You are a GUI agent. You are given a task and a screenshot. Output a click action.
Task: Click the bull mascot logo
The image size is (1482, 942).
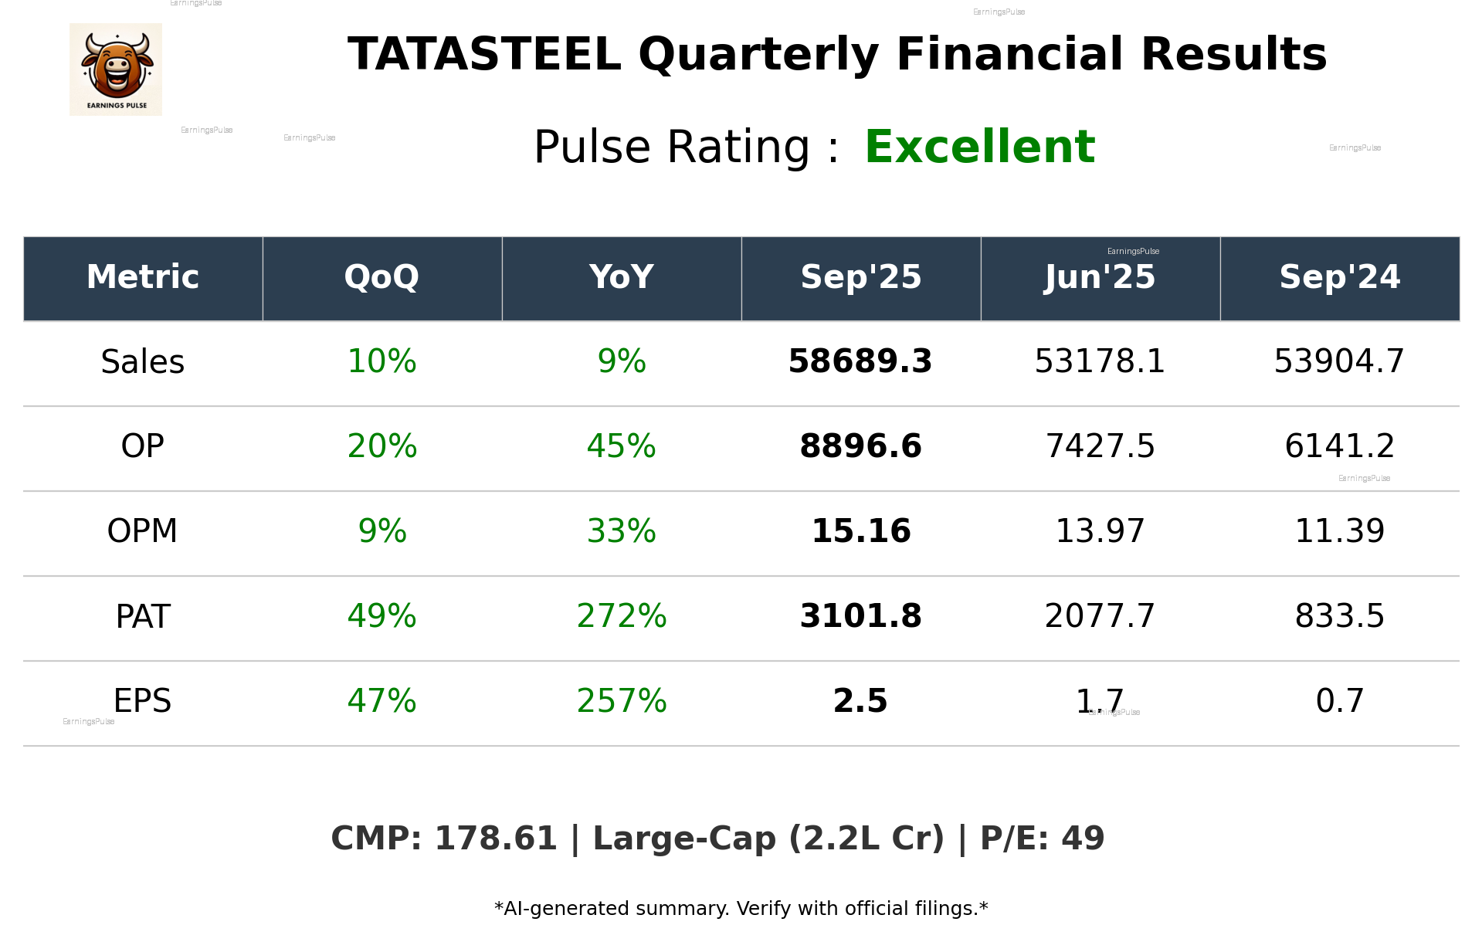tap(116, 69)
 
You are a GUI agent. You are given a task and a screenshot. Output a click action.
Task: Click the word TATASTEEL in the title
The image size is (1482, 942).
tap(484, 55)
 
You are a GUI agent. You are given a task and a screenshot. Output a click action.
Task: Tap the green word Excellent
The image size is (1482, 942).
tap(979, 147)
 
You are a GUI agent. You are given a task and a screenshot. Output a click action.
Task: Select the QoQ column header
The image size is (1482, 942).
tap(382, 277)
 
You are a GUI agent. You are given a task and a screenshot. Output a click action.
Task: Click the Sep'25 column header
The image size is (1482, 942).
tap(860, 277)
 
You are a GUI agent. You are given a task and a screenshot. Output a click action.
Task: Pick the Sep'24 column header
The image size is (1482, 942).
tap(1339, 277)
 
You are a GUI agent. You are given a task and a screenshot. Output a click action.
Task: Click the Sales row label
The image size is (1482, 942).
tap(143, 362)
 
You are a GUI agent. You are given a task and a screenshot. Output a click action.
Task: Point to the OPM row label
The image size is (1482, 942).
tap(143, 531)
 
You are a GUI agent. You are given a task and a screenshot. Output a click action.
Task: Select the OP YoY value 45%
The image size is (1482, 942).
tap(621, 446)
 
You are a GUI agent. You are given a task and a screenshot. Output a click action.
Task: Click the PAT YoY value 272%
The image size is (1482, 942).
tap(621, 616)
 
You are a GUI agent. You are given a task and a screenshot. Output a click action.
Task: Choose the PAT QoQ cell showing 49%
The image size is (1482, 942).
tap(382, 616)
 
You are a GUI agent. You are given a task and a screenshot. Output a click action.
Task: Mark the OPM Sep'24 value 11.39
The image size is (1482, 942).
tap(1339, 531)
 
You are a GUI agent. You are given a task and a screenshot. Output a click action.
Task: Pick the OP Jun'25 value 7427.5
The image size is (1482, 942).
tap(1100, 446)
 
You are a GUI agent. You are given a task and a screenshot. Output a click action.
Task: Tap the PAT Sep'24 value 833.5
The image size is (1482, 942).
tap(1339, 616)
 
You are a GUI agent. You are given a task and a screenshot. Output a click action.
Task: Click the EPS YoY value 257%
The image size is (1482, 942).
tap(621, 701)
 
